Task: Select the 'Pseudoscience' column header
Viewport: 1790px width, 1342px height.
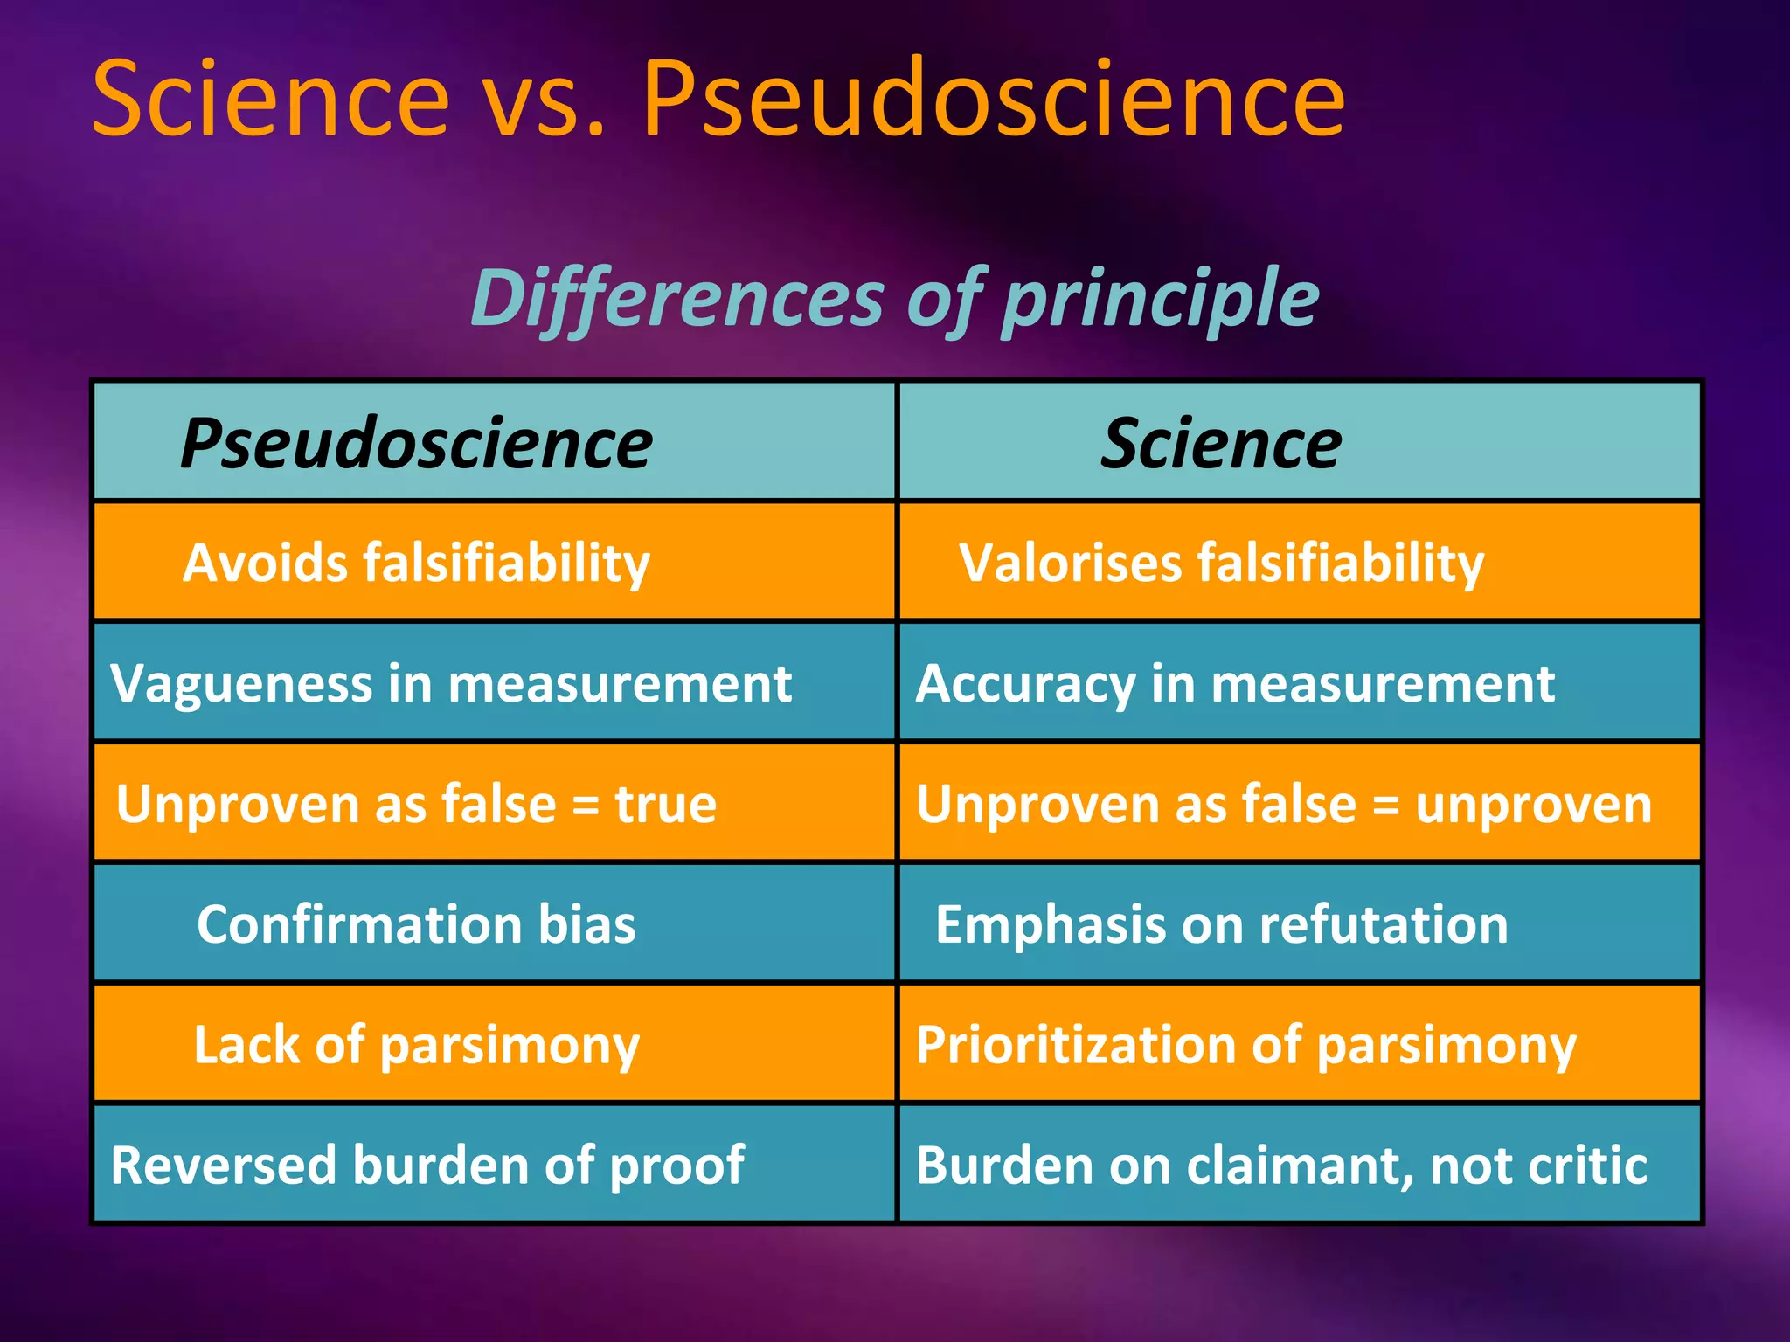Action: coord(416,443)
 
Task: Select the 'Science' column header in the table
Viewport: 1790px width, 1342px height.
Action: coord(1220,443)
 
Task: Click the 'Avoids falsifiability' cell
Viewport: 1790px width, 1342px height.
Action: coord(416,562)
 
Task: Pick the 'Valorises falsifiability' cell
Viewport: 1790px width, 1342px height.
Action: coord(1221,562)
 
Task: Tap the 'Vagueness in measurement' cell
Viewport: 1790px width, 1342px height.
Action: coord(451,682)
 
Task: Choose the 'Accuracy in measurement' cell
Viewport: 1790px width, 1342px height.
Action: coord(1235,682)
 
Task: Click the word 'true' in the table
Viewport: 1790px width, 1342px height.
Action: coord(665,803)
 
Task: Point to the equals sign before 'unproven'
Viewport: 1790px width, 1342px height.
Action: coord(1385,805)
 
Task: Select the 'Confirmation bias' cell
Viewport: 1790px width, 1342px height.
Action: coord(416,923)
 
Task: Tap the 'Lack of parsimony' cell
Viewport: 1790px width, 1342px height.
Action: coord(416,1044)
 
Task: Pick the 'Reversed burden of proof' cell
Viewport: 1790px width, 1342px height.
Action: coord(427,1165)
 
